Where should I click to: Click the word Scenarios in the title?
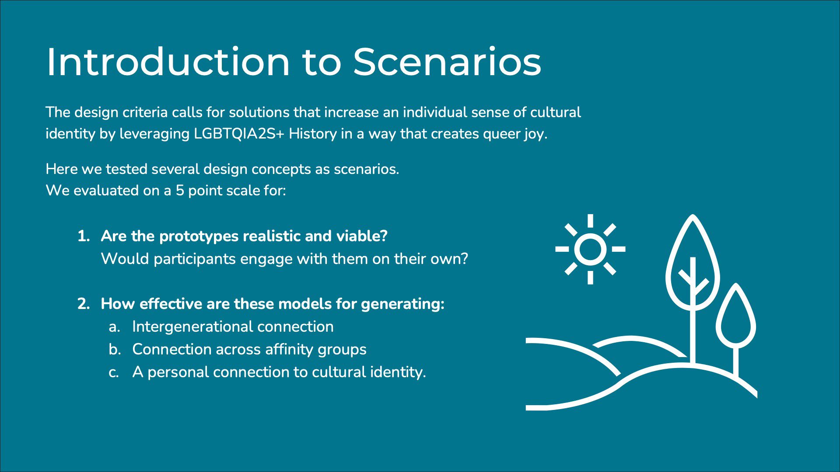click(447, 62)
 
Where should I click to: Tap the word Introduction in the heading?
click(168, 62)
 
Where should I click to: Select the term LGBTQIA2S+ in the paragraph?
click(239, 134)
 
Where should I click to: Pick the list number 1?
click(83, 236)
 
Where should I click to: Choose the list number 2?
click(83, 304)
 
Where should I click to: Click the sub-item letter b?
click(115, 349)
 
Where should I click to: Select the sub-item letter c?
click(114, 372)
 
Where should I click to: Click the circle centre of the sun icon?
click(590, 249)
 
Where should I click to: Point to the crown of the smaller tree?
click(736, 316)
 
